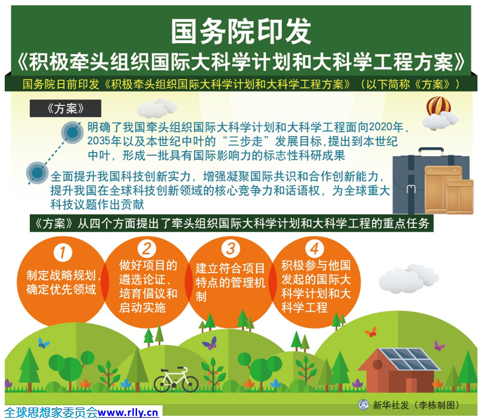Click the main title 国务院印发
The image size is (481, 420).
241,31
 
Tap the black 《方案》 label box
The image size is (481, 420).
66,108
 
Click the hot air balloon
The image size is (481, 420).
438,106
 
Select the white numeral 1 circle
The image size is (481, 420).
63,253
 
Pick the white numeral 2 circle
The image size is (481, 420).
147,249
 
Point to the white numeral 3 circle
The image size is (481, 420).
230,248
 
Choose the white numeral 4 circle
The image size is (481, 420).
315,249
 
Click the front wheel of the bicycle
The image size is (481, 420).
188,383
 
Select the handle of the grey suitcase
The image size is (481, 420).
431,151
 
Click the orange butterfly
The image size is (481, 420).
371,332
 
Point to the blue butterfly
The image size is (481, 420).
43,343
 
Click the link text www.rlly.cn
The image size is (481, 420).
128,412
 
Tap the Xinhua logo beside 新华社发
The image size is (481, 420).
363,405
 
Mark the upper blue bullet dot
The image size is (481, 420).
73,132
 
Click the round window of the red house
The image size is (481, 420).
378,364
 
